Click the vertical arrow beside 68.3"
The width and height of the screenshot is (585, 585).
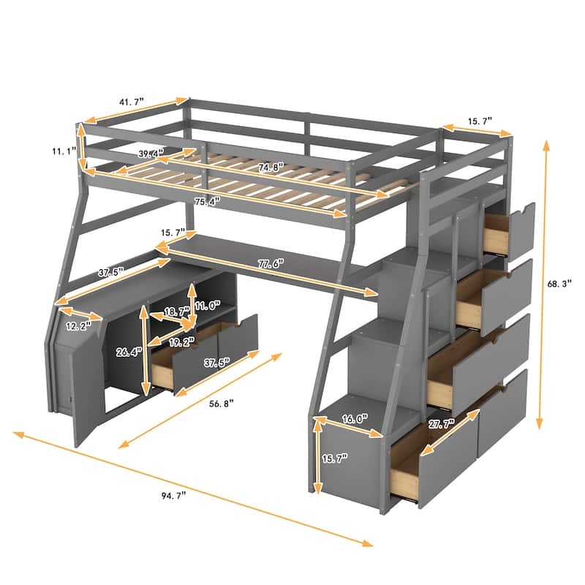(x=543, y=285)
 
